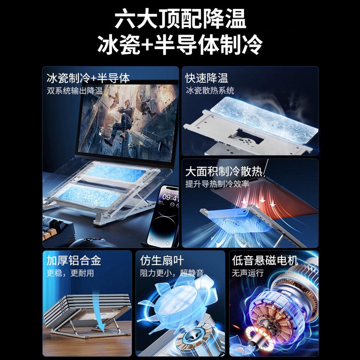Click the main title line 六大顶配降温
tap(180, 20)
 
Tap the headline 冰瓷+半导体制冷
tap(180, 45)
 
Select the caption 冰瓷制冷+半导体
tap(88, 78)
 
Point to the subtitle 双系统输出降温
tap(75, 90)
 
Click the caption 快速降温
tap(207, 78)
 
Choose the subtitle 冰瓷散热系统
tap(210, 90)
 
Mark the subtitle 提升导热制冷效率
tap(217, 184)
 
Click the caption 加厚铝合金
tap(75, 261)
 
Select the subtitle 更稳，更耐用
tap(70, 273)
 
